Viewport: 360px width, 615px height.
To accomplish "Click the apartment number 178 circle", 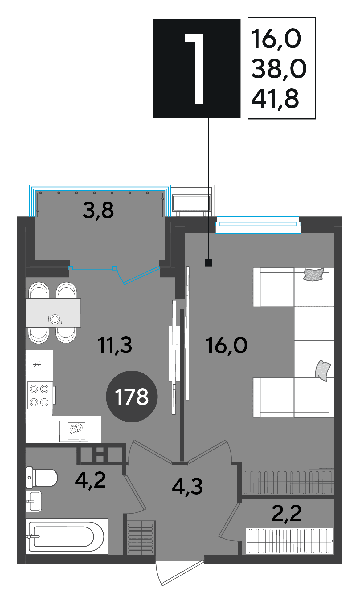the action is click(132, 396).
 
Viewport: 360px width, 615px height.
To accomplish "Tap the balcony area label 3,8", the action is click(98, 210).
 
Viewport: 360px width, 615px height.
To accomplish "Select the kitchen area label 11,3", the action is click(115, 345).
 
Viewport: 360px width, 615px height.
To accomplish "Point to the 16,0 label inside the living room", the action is click(226, 346).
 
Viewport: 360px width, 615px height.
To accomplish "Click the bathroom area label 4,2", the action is click(90, 480).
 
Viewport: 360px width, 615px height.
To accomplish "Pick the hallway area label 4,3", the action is click(187, 487).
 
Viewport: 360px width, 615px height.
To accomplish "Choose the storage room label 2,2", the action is click(287, 513).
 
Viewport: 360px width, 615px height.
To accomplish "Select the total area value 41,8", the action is click(275, 99).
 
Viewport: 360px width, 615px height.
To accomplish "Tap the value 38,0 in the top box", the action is click(279, 68).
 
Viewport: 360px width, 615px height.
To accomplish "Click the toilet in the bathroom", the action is click(41, 478).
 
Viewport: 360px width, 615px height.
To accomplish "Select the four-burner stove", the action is click(39, 395).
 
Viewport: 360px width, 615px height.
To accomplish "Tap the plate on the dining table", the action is click(55, 319).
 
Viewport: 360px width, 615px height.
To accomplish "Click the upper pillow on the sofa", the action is click(314, 274).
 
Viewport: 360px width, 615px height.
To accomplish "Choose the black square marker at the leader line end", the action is click(209, 263).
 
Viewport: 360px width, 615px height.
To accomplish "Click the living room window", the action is click(258, 224).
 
